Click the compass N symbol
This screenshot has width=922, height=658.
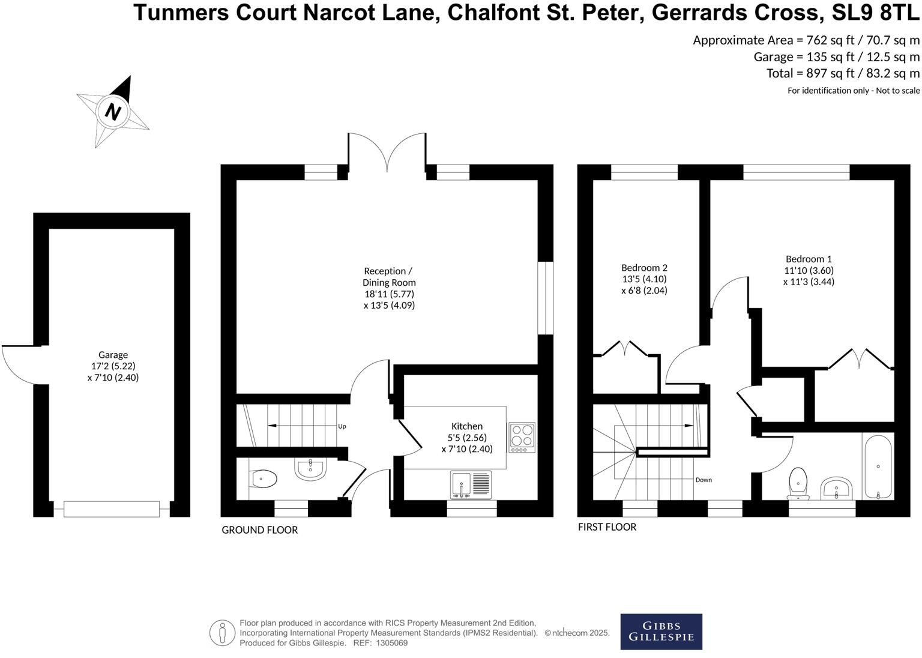pyautogui.click(x=113, y=112)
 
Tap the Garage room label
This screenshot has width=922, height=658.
pyautogui.click(x=113, y=355)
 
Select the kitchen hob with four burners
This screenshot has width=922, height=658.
pyautogui.click(x=522, y=438)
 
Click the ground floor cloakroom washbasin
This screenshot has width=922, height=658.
pyautogui.click(x=310, y=469)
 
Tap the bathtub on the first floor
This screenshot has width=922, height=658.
pyautogui.click(x=878, y=466)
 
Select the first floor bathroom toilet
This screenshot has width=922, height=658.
pyautogui.click(x=798, y=482)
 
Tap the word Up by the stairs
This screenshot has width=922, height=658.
pyautogui.click(x=342, y=426)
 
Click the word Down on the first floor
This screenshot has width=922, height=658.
pyautogui.click(x=704, y=480)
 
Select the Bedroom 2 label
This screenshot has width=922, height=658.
pyautogui.click(x=644, y=268)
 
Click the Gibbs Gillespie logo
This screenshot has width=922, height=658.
pyautogui.click(x=661, y=631)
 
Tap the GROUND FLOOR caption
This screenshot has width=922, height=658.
pyautogui.click(x=259, y=530)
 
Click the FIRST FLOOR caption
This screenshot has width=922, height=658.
pyautogui.click(x=607, y=527)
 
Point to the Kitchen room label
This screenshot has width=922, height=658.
pyautogui.click(x=466, y=426)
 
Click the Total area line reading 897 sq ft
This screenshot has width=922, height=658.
pyautogui.click(x=843, y=73)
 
